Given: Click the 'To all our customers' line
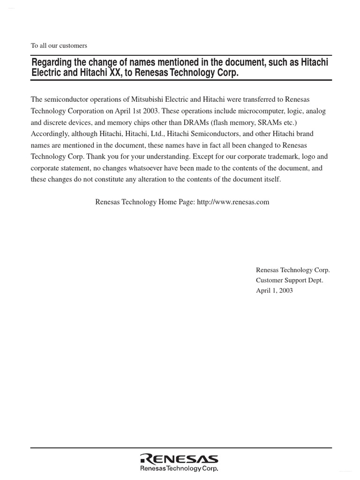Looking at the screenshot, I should click(x=59, y=45).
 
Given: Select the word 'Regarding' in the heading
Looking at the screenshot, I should click(x=51, y=63).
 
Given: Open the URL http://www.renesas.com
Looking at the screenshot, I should click(x=233, y=202).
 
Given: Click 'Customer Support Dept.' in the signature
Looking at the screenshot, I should click(x=289, y=280).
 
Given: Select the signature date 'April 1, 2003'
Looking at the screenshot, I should click(x=274, y=291).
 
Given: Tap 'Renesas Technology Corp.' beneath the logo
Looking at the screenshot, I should click(x=179, y=468).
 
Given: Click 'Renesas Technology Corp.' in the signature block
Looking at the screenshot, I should click(x=292, y=270).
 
